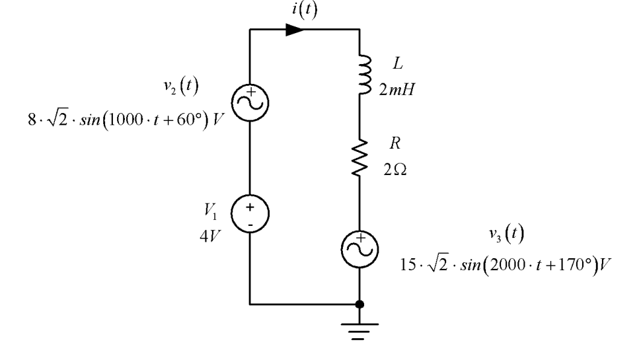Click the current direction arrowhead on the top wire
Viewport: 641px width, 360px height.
(x=294, y=30)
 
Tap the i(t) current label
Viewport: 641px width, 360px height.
(x=305, y=9)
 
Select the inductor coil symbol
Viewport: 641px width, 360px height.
(x=365, y=75)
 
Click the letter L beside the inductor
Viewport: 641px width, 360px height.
(x=397, y=63)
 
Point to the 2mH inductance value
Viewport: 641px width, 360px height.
(x=396, y=89)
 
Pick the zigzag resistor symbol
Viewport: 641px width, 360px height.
(x=359, y=158)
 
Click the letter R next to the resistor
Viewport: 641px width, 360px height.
(x=395, y=143)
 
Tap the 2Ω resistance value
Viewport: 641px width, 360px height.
(x=395, y=169)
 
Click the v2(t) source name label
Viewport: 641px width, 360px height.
(x=180, y=86)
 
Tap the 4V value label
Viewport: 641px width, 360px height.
(x=210, y=236)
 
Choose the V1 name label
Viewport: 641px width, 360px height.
(x=211, y=211)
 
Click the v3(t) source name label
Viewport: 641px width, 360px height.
(x=506, y=234)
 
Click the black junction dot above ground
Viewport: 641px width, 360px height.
(x=359, y=305)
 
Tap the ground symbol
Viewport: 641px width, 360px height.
(x=359, y=332)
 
